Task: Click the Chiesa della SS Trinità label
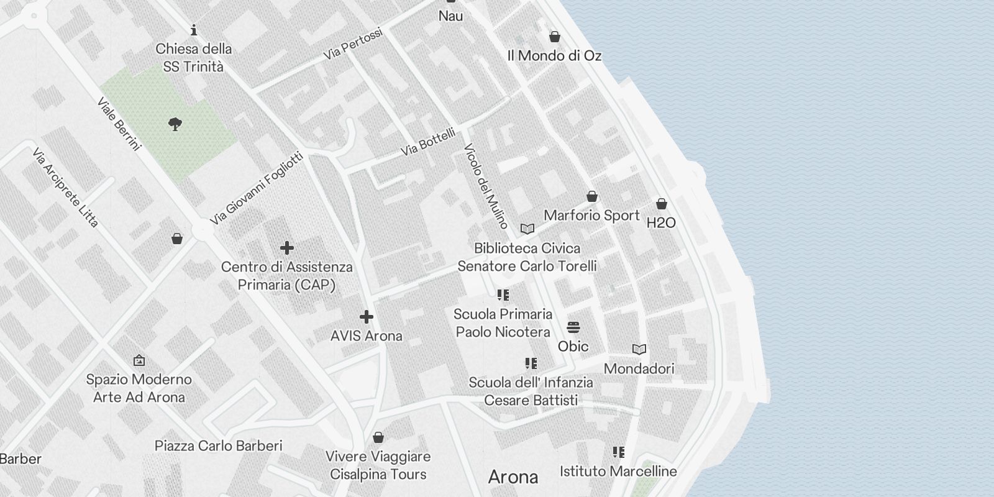tap(194, 57)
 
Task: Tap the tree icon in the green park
tap(175, 124)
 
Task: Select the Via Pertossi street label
tap(352, 44)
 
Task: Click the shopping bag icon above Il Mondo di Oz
tap(555, 37)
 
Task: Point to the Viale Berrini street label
tap(119, 124)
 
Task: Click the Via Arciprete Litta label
tap(65, 188)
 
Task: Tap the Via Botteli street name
tap(428, 142)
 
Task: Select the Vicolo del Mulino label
tap(486, 186)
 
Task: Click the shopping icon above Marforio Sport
tap(592, 196)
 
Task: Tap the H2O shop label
tap(661, 222)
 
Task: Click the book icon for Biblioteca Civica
tap(527, 229)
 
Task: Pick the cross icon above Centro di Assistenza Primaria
tap(286, 248)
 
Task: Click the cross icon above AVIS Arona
tap(367, 317)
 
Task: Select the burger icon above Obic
tap(573, 327)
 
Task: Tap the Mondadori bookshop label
tap(639, 368)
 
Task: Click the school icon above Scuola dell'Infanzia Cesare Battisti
tap(531, 363)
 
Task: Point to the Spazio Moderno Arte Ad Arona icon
tap(139, 360)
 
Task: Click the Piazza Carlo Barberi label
tap(218, 445)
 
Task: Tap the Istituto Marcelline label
tap(618, 471)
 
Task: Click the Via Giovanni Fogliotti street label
tap(257, 188)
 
